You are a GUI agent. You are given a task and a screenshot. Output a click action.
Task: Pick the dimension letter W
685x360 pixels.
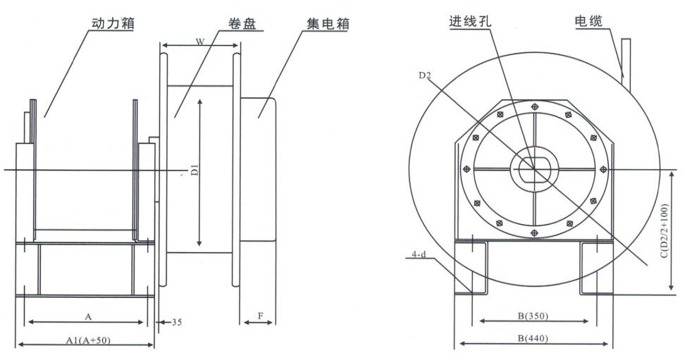(x=200, y=42)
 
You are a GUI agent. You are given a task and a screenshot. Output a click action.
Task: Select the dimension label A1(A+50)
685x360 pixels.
(x=88, y=340)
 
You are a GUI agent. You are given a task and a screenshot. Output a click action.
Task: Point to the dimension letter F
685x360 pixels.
(x=260, y=316)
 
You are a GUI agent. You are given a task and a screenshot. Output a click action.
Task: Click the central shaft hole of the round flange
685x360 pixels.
(x=535, y=168)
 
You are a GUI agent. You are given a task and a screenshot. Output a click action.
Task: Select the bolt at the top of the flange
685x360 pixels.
(x=535, y=106)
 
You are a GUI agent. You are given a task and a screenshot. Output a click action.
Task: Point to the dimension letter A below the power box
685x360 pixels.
(x=88, y=316)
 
